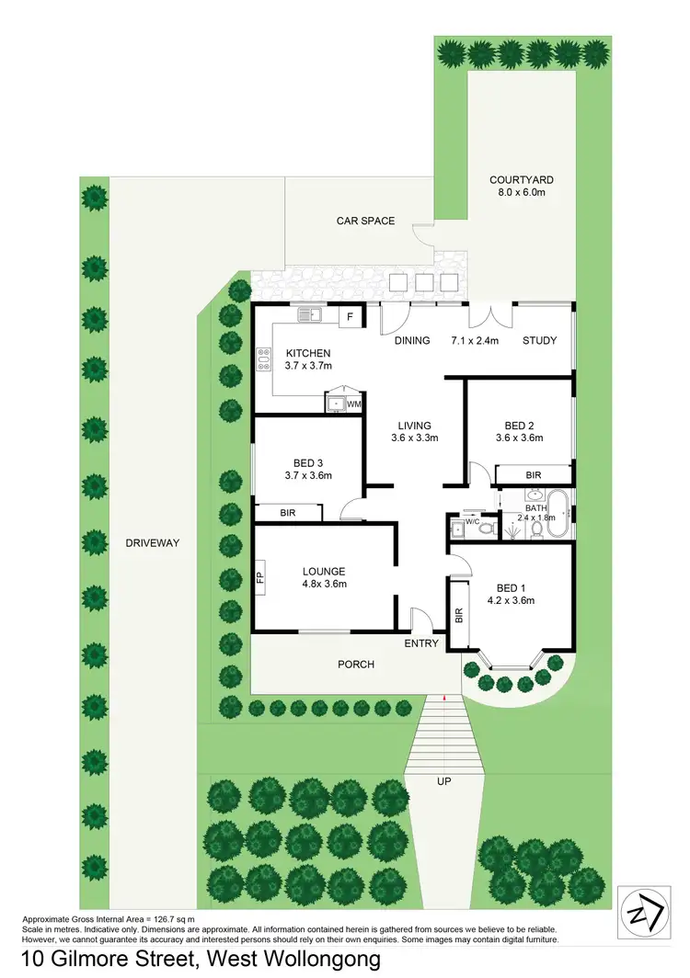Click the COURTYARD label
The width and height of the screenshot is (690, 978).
pos(522,180)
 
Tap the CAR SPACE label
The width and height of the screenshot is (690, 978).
pos(365,221)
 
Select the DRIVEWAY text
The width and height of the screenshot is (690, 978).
pos(153,543)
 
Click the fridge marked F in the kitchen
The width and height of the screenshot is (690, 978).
pos(350,317)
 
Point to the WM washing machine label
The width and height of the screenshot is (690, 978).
pos(354,404)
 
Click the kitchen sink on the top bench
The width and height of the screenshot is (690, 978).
pos(310,315)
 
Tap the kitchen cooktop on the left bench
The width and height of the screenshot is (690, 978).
pos(263,358)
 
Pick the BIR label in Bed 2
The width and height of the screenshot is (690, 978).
pos(533,475)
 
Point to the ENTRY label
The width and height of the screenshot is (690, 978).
pos(421,643)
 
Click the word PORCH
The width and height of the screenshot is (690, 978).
pos(356,664)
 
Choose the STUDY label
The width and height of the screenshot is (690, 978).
pos(540,341)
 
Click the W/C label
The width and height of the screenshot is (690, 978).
pos(474,522)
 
